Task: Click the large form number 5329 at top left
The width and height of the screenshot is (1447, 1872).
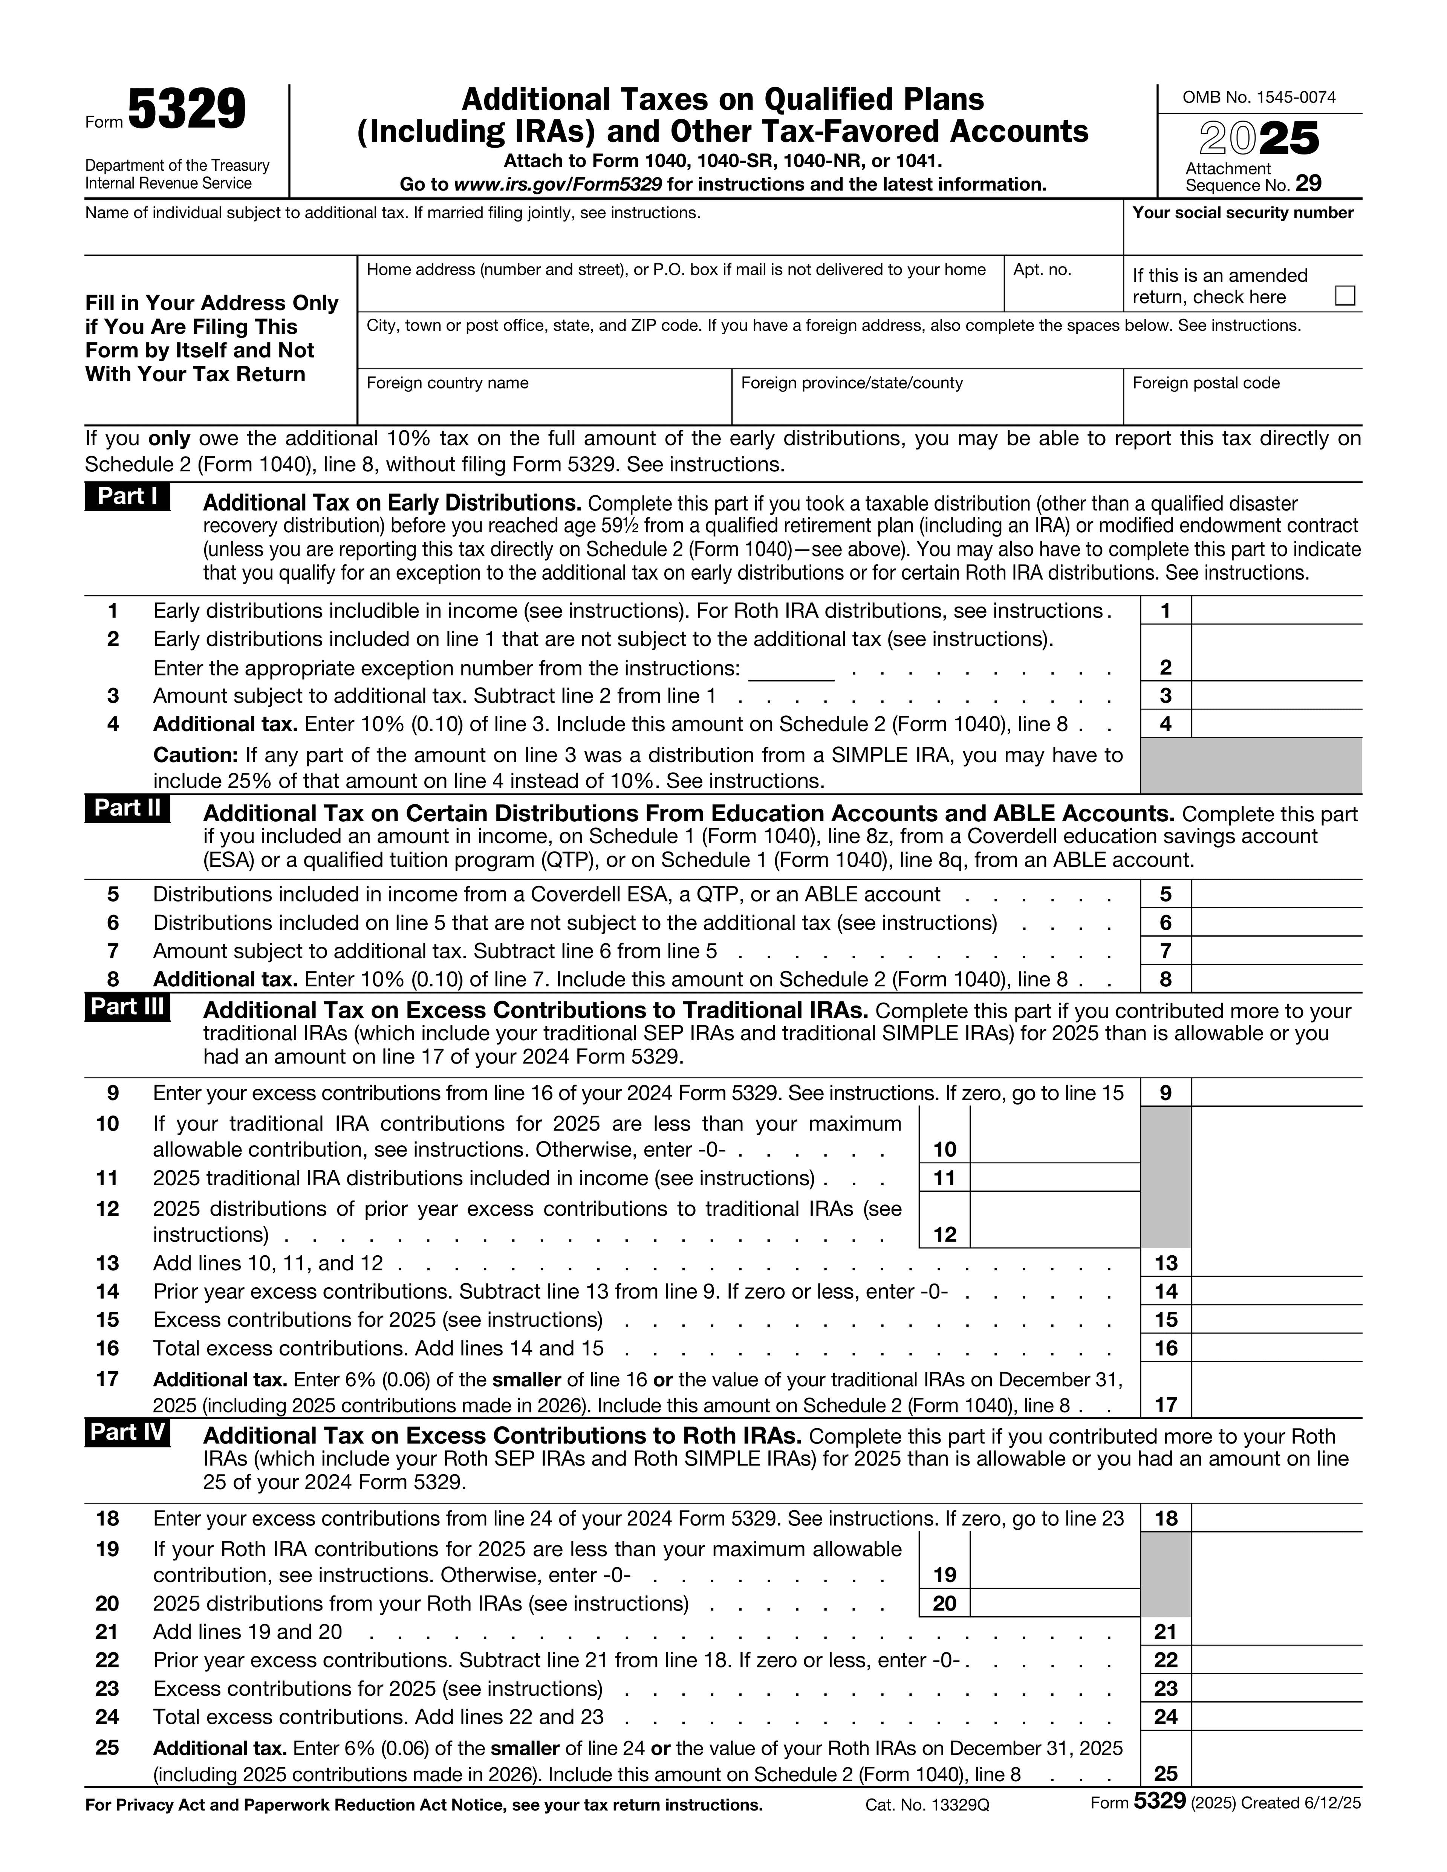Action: [187, 112]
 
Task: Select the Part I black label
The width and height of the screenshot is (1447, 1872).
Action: [127, 497]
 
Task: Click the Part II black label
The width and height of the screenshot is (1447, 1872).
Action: [127, 808]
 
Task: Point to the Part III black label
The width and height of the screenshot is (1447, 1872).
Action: [127, 1006]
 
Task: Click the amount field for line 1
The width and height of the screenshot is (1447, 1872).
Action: [1276, 611]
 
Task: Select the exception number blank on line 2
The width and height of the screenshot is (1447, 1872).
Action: [791, 669]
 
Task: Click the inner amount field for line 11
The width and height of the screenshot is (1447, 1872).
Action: [1054, 1178]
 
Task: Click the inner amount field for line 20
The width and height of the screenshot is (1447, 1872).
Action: [1054, 1603]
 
